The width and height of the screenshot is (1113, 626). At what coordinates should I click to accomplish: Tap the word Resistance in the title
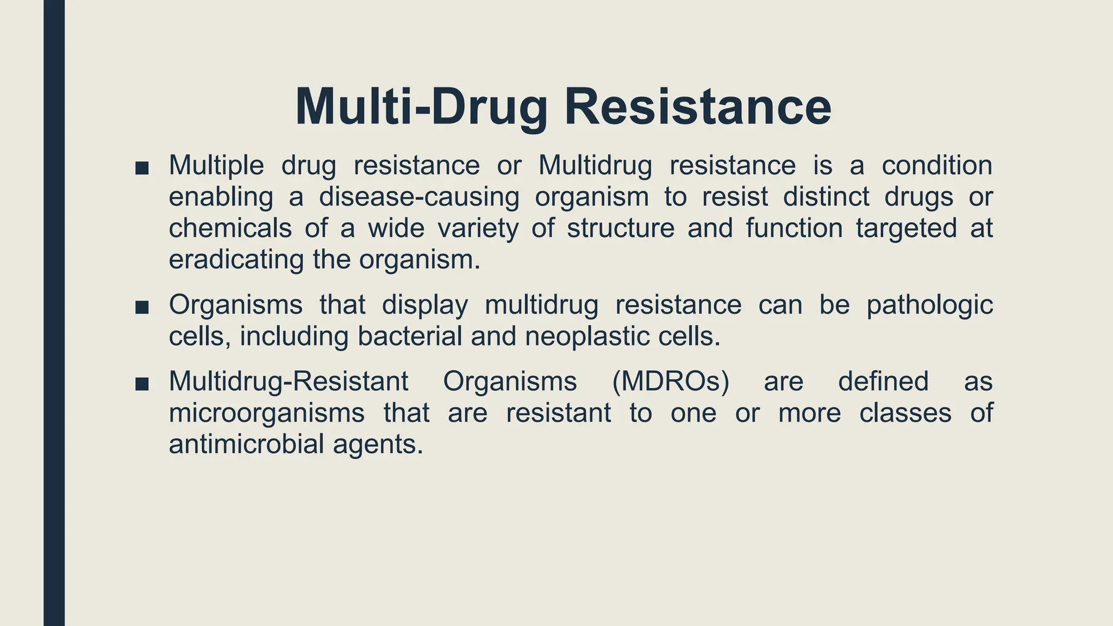pyautogui.click(x=698, y=107)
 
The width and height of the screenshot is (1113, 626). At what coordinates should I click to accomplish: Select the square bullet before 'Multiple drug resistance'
pyautogui.click(x=142, y=168)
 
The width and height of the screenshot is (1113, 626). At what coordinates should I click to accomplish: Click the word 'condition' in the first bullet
pyautogui.click(x=937, y=165)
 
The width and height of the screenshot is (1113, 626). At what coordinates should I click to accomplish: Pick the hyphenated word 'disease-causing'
pyautogui.click(x=419, y=197)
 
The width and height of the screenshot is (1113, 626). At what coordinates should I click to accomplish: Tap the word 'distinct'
pyautogui.click(x=827, y=197)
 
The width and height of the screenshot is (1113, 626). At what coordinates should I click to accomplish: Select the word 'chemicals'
pyautogui.click(x=230, y=228)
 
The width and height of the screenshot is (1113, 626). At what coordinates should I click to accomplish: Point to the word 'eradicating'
pyautogui.click(x=236, y=260)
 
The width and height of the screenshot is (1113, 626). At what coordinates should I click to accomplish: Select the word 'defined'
pyautogui.click(x=883, y=381)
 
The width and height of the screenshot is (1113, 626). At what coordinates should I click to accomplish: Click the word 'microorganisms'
pyautogui.click(x=267, y=414)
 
